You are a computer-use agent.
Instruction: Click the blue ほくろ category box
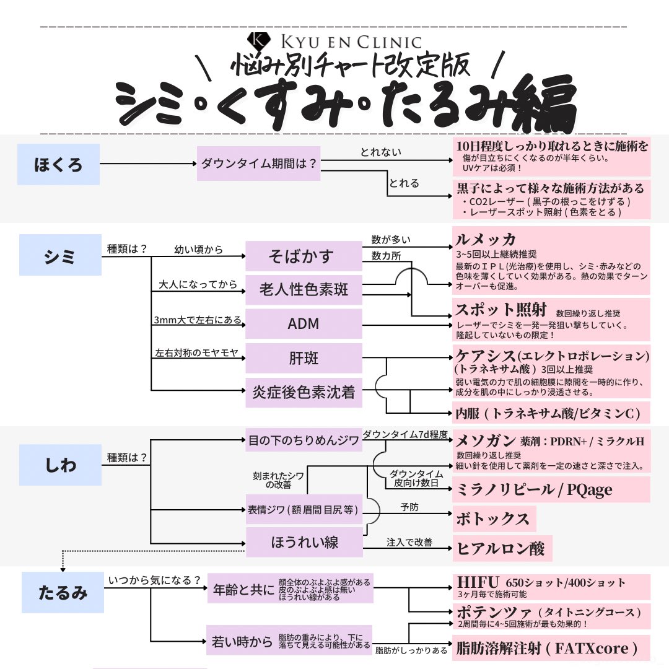pos(58,165)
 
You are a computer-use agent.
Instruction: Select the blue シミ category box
pos(60,255)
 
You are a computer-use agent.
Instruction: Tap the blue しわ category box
pos(60,465)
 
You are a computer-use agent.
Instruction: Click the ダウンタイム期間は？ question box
pos(258,164)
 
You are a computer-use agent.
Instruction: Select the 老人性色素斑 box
pos(304,289)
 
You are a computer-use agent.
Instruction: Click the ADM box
pos(304,324)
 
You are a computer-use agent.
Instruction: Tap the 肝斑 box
pos(304,357)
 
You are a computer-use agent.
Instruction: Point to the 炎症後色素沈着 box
pos(304,392)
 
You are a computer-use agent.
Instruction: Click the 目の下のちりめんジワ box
pos(304,441)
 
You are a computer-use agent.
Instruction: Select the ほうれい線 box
pos(304,543)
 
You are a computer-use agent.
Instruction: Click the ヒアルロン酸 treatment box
pos(502,548)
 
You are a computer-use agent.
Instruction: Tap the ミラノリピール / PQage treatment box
pos(551,489)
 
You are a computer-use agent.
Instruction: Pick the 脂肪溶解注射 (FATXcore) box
pos(551,648)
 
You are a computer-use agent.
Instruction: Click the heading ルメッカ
pos(486,240)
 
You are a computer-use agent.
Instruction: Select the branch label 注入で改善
pos(409,542)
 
